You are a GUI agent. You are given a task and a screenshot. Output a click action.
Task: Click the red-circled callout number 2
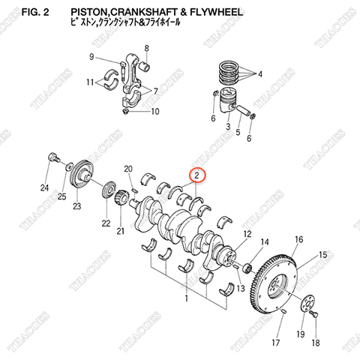click(196, 176)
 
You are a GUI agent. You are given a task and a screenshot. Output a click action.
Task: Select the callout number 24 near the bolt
click(45, 187)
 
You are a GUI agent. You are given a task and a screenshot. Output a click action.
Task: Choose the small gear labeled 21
click(119, 199)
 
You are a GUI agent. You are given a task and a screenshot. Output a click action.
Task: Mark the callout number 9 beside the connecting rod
click(91, 57)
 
